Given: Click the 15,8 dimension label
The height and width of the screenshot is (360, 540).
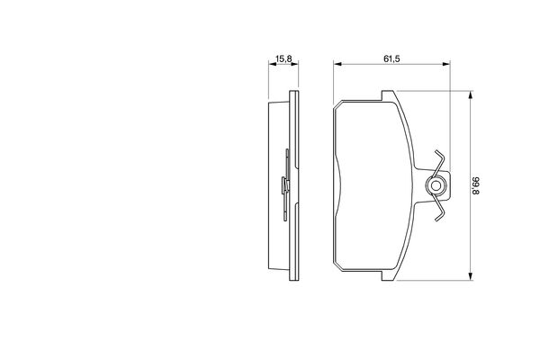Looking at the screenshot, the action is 283,58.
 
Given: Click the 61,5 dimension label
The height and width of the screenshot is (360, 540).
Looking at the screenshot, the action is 391,58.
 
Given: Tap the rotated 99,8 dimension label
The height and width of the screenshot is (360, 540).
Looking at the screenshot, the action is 475,186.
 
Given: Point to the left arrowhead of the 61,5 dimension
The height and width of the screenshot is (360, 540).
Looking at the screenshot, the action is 337,64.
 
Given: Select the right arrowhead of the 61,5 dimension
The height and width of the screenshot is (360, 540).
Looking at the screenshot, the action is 446,64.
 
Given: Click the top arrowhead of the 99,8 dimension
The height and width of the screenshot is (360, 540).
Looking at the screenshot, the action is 470,95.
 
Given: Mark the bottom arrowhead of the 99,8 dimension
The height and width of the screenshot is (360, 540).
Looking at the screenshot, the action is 470,276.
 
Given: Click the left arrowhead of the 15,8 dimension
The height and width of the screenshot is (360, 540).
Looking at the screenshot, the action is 272,64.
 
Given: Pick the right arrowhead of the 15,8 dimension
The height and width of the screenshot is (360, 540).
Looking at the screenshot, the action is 295,64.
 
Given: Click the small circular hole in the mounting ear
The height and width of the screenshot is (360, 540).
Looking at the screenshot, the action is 436,186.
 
